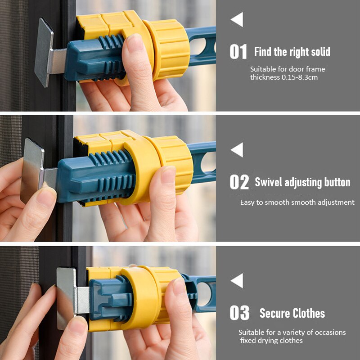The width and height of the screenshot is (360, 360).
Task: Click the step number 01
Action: (238, 52)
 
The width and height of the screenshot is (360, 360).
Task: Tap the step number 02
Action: (239, 182)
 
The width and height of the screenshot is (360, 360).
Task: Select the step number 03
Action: (239, 312)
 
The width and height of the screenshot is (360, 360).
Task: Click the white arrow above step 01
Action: (237, 20)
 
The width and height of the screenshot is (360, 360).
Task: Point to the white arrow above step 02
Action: (237, 150)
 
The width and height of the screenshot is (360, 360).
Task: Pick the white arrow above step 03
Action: (237, 280)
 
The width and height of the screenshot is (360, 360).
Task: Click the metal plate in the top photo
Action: (44, 52)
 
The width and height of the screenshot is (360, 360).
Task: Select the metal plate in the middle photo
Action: (32, 171)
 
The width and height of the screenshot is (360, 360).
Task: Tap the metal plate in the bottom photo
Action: (66, 298)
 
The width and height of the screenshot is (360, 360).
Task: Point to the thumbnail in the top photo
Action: (135, 44)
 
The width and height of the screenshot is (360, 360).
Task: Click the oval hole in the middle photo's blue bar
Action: (208, 162)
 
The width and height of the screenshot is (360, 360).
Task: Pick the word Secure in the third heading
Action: (274, 313)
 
